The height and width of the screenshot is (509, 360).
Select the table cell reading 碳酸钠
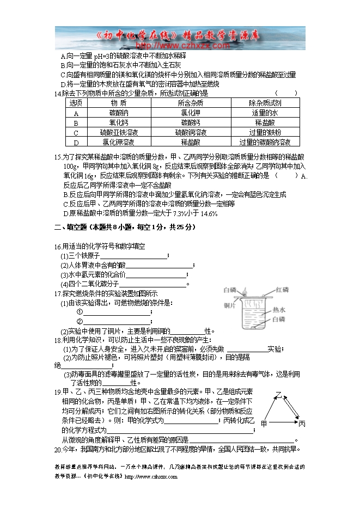[119, 113]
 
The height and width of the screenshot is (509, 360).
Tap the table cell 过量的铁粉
[265, 132]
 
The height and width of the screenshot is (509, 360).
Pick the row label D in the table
[76, 143]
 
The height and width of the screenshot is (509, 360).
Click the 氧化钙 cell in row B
[119, 122]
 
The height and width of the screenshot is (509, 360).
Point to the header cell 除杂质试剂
[265, 103]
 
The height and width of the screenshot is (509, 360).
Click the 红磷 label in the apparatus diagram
[283, 289]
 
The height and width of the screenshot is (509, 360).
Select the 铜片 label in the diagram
[229, 306]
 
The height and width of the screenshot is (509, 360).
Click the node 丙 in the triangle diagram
[301, 424]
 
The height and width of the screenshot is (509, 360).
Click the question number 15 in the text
[58, 157]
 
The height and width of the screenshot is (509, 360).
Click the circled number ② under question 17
[80, 321]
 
